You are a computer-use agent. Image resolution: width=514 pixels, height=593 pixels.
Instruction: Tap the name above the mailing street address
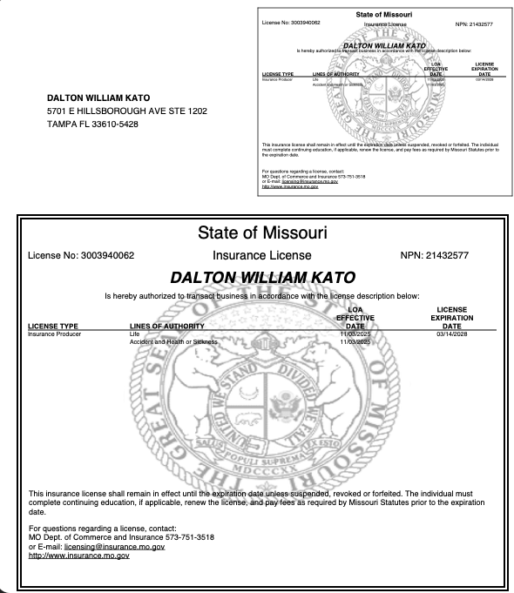[98, 98]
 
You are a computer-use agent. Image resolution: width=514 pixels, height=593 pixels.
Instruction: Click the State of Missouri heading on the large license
[262, 234]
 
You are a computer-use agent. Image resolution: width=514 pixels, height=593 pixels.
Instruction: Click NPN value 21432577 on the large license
[471, 256]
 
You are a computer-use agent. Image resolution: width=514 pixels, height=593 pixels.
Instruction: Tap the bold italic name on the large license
[262, 278]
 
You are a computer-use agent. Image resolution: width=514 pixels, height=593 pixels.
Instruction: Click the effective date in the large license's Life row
[355, 334]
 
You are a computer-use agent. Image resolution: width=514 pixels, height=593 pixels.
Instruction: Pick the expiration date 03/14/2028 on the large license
[451, 334]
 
